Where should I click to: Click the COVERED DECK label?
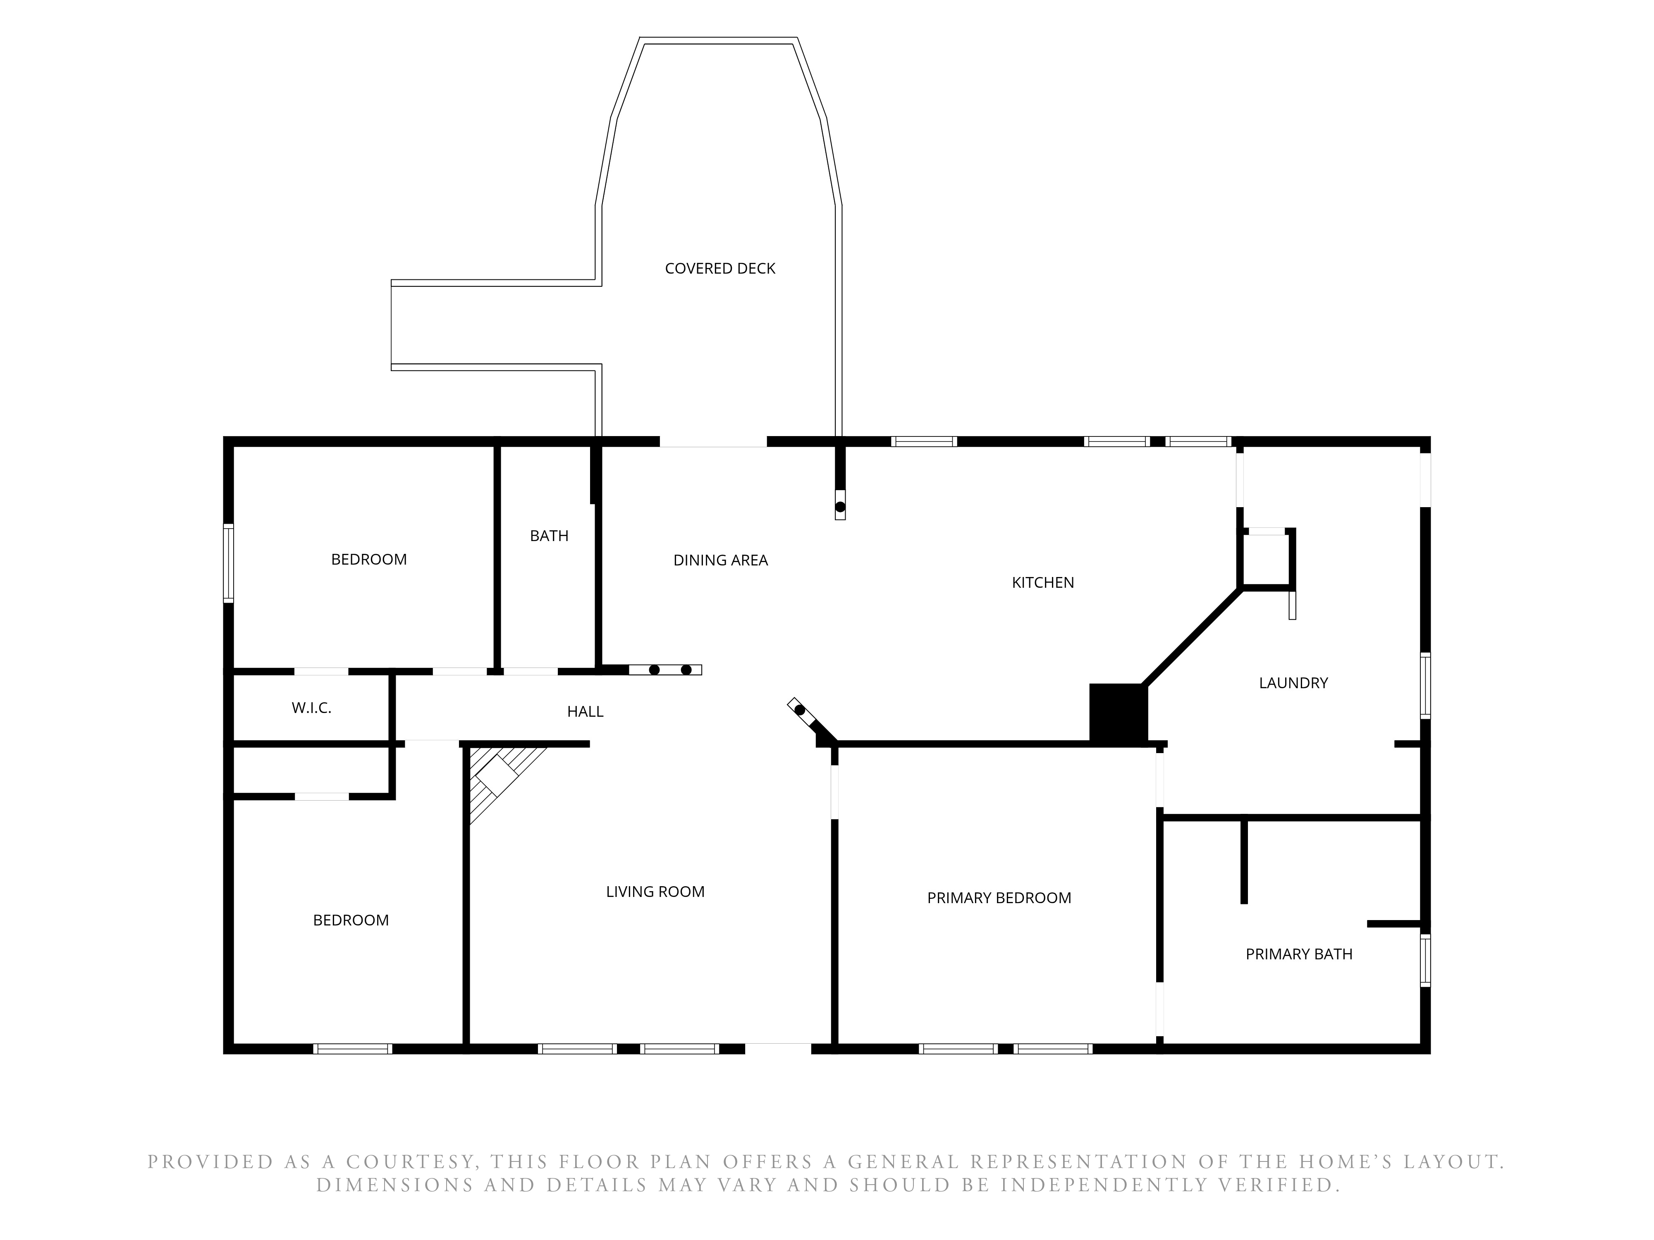pos(719,268)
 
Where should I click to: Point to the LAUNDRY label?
pos(1293,682)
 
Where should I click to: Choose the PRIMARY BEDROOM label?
pos(999,898)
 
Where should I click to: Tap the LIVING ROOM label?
pos(655,891)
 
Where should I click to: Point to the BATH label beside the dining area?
pos(549,536)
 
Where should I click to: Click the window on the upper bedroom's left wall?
pos(229,563)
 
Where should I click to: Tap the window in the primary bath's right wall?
pos(1425,961)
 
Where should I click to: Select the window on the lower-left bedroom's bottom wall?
pos(352,1049)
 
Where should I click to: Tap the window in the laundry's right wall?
pos(1425,685)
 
